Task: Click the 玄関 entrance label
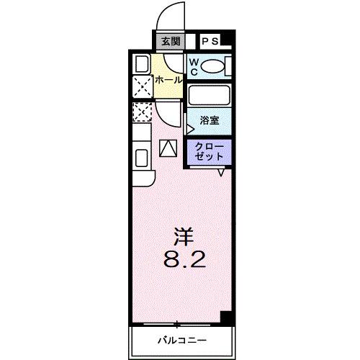click(170, 42)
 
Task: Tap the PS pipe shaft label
click(210, 42)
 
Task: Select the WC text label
click(194, 66)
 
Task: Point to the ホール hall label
click(168, 80)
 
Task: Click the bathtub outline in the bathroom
click(207, 95)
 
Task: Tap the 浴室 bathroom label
click(210, 121)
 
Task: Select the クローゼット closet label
click(209, 151)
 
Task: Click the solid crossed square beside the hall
click(142, 87)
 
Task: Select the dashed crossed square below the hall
click(142, 112)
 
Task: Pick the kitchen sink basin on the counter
click(140, 157)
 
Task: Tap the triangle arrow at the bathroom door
click(190, 130)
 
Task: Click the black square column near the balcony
click(226, 318)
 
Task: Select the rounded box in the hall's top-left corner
click(142, 63)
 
